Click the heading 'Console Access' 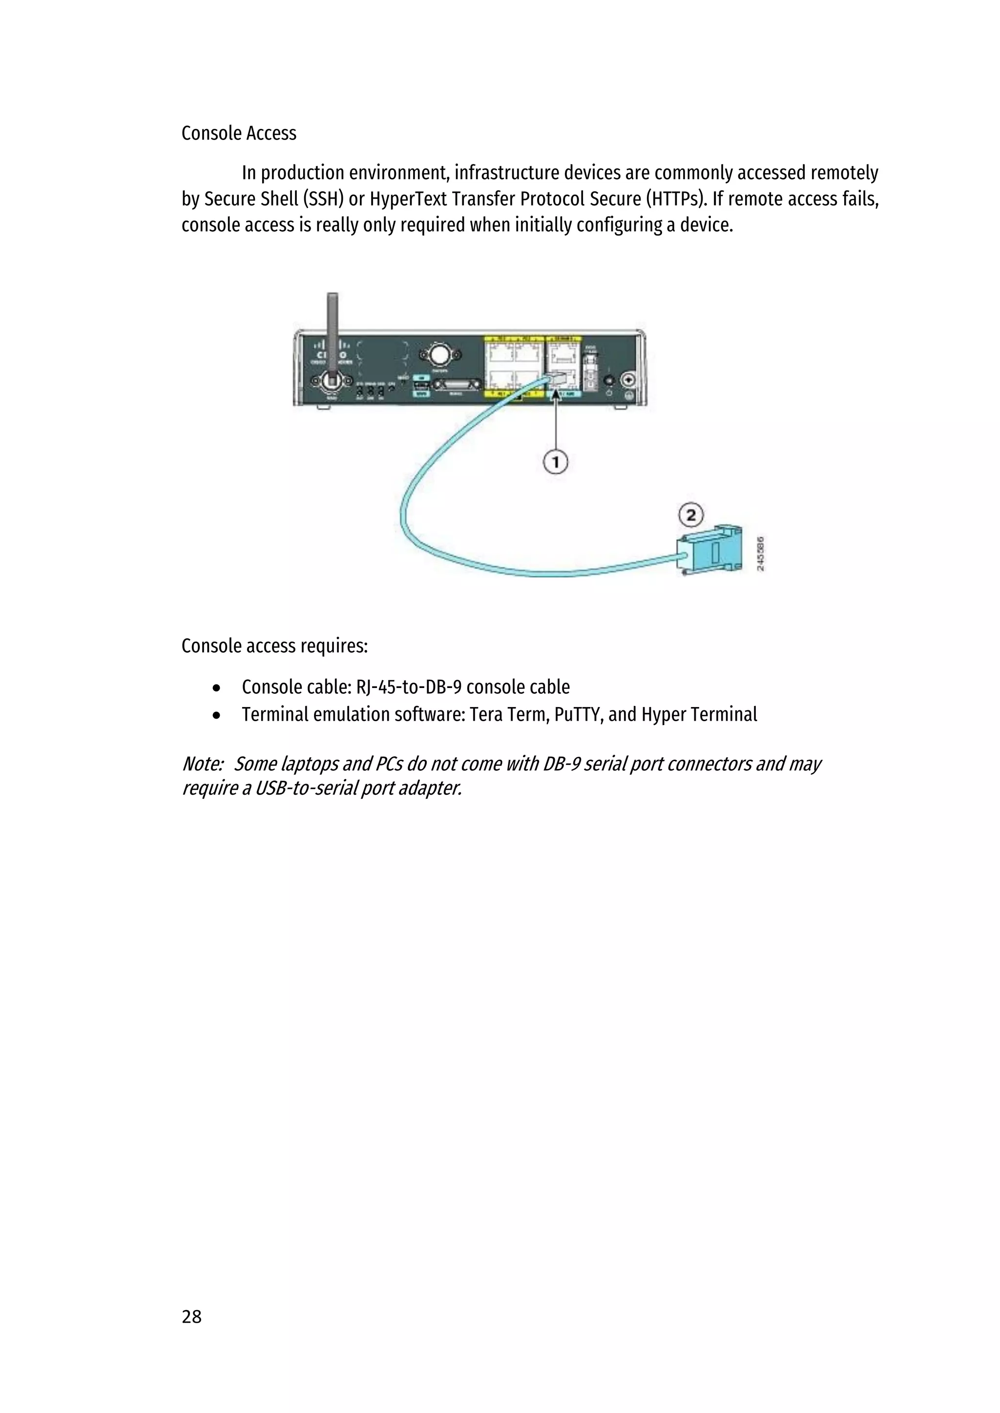239,134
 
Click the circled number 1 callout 555,462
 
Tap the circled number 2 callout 691,514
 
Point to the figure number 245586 760,553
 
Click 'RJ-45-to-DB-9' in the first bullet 408,687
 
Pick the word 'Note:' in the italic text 202,764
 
